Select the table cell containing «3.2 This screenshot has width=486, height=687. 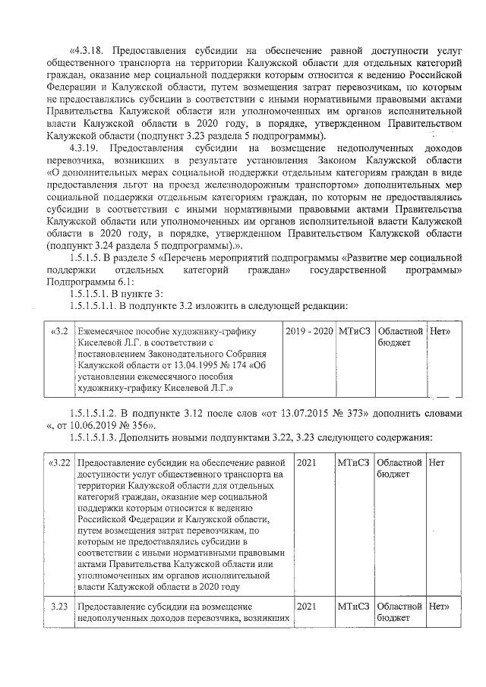(x=59, y=332)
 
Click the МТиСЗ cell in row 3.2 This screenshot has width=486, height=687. (x=355, y=332)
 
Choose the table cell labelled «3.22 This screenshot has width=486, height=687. (x=59, y=463)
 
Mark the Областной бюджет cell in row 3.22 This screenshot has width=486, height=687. (x=399, y=468)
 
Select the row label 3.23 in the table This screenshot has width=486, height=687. (x=59, y=607)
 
